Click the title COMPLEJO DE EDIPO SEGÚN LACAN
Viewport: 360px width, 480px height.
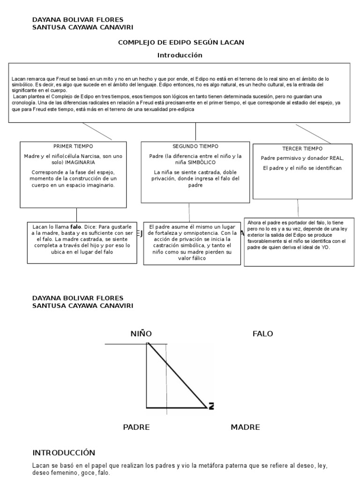click(181, 43)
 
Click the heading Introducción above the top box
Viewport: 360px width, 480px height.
click(180, 55)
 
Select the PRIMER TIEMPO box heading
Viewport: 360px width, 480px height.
click(73, 146)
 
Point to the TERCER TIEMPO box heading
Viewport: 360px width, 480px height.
click(303, 149)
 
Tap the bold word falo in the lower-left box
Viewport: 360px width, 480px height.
click(76, 226)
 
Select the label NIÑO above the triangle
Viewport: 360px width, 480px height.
click(141, 334)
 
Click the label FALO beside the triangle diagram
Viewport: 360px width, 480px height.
click(262, 334)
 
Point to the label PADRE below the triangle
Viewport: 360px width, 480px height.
click(136, 427)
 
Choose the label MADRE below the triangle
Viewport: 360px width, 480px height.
click(245, 427)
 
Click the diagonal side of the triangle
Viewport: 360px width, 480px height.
click(177, 375)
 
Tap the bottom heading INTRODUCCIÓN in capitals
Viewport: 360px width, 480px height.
click(64, 453)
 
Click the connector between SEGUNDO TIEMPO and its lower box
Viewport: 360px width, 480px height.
click(189, 212)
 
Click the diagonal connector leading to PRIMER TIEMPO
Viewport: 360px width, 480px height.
click(97, 131)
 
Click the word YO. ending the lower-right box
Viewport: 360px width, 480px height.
click(325, 247)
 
